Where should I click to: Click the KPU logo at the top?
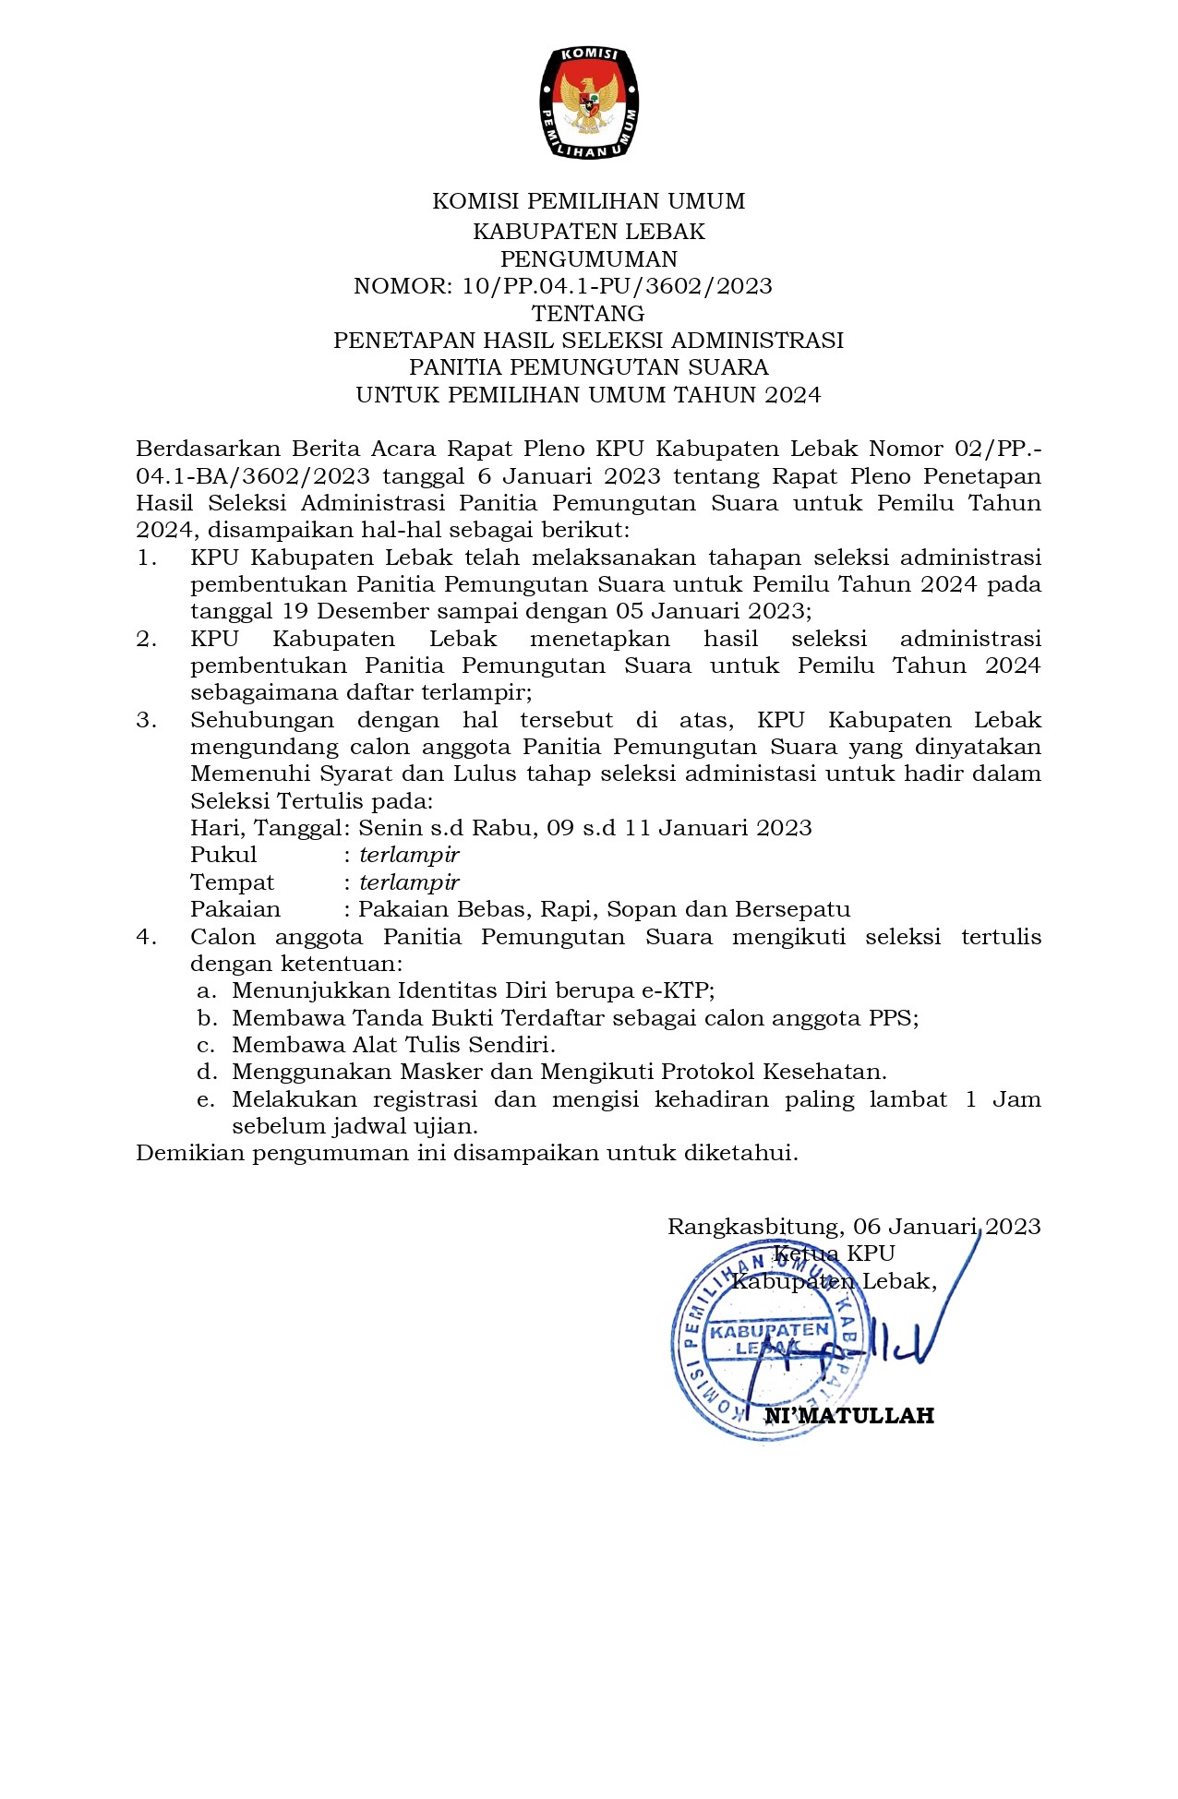tap(589, 102)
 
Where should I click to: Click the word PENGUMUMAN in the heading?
tap(589, 258)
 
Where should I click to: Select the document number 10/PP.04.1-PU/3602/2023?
tap(618, 286)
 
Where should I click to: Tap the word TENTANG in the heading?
tap(589, 313)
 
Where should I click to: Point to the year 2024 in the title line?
tap(793, 395)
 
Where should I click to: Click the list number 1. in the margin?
tap(147, 558)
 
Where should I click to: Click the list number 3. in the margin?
tap(147, 720)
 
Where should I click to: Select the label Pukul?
tap(223, 855)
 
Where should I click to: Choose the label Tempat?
tap(232, 882)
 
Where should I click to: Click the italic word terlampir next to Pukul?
tap(409, 855)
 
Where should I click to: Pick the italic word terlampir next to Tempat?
tap(409, 882)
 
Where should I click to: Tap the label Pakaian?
tap(235, 909)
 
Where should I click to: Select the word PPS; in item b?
tap(894, 1018)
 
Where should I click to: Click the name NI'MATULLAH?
tap(849, 1416)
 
